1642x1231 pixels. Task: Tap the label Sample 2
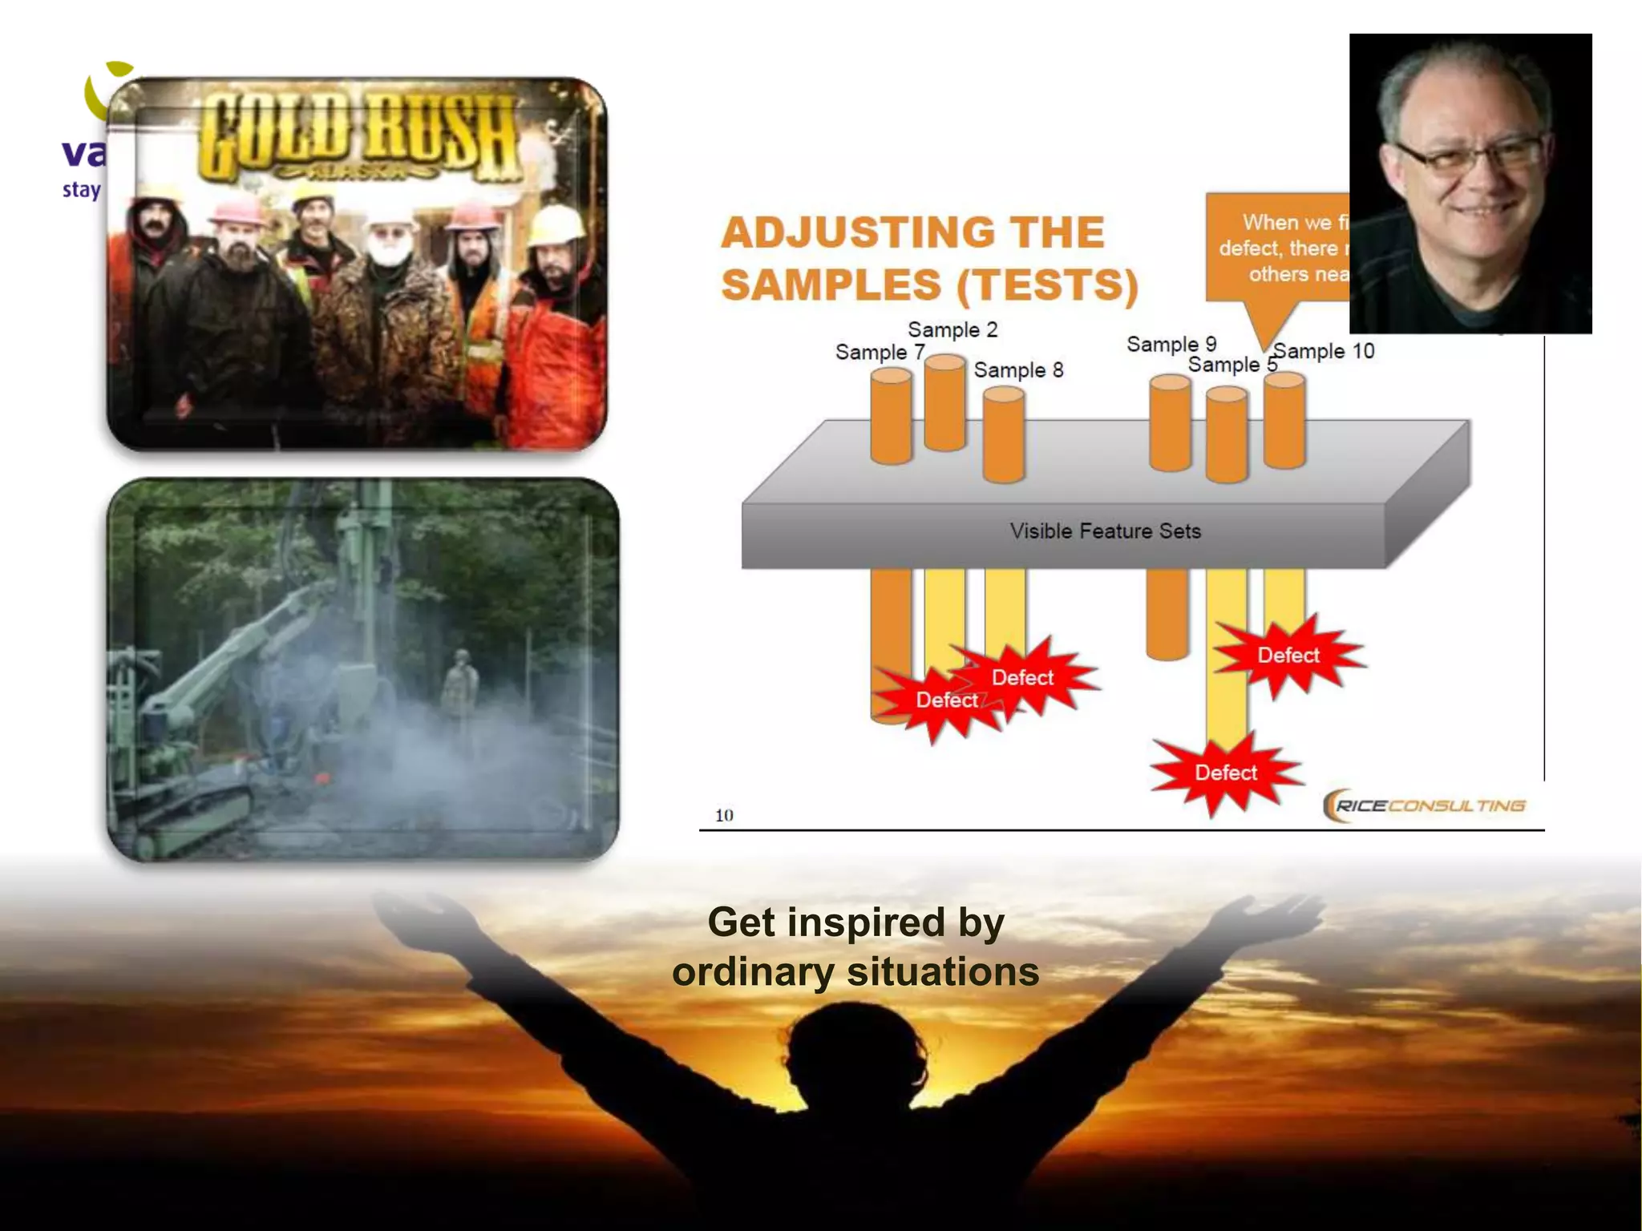click(x=952, y=330)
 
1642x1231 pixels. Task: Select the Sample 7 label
click(x=880, y=353)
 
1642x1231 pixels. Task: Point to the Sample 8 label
click(x=1018, y=370)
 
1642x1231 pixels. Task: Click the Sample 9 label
click(x=1171, y=345)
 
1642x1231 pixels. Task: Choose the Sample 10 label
click(x=1325, y=351)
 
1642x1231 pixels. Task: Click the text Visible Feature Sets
click(x=1105, y=531)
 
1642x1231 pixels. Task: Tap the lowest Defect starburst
click(x=1225, y=773)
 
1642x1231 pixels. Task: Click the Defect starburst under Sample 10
click(x=1288, y=656)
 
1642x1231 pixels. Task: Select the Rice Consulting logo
click(x=1424, y=805)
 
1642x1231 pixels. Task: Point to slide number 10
click(x=724, y=816)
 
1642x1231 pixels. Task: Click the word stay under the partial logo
click(x=82, y=191)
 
